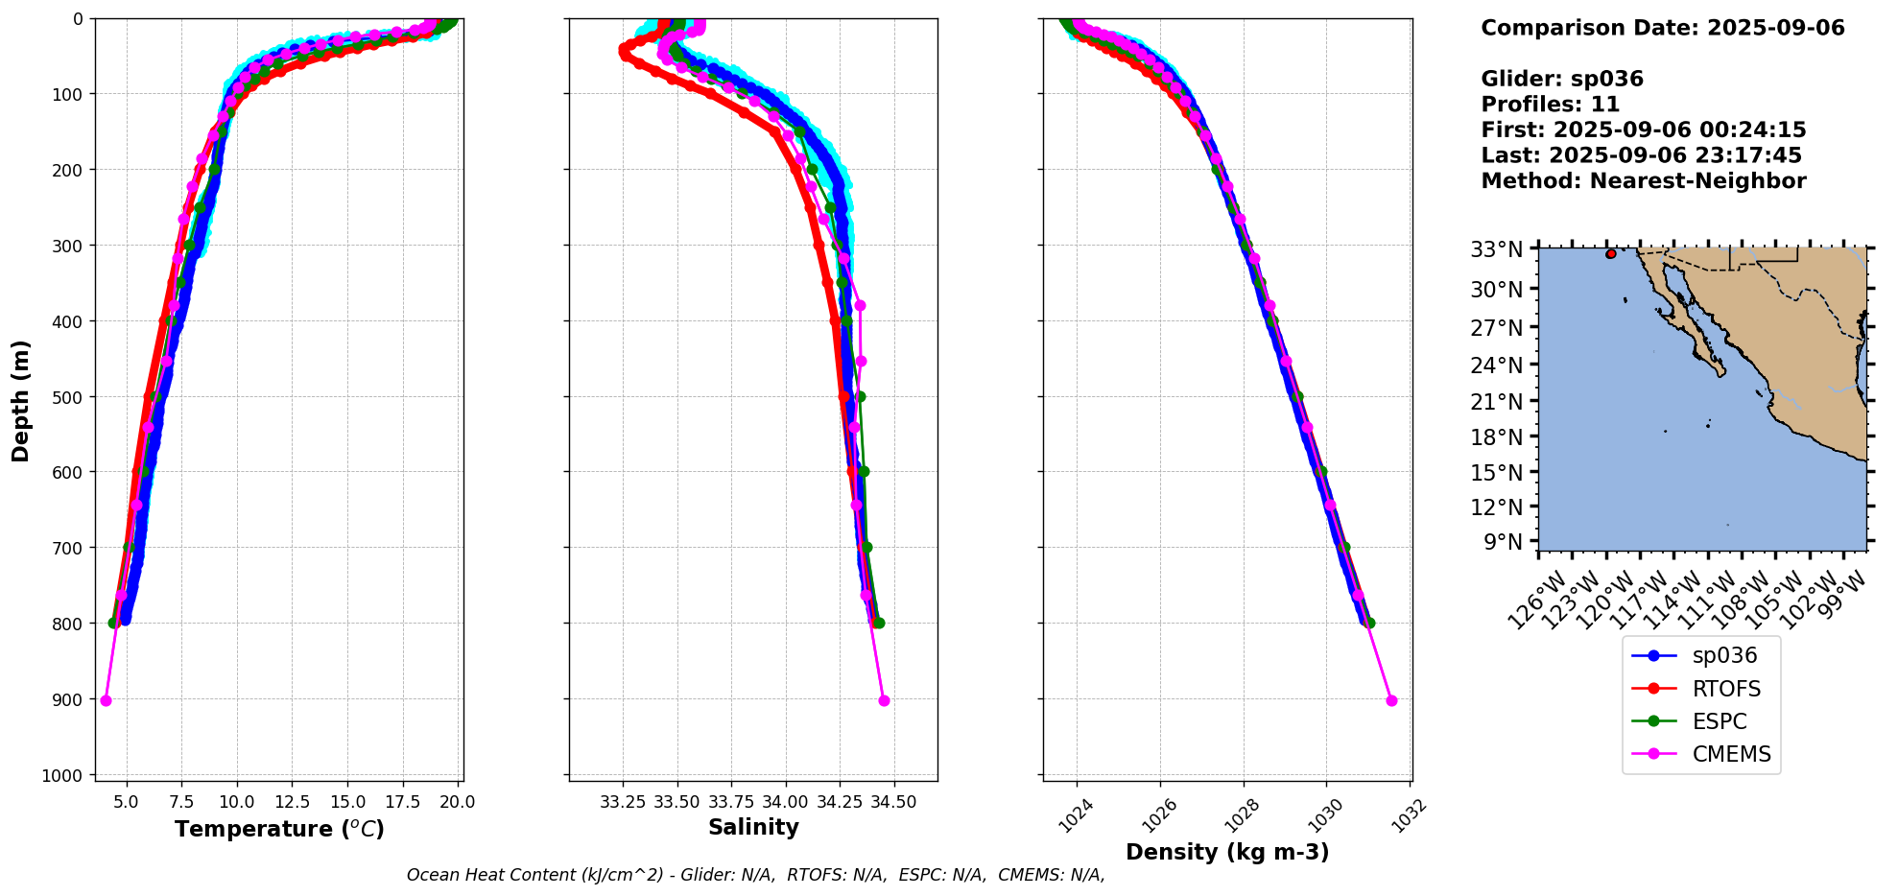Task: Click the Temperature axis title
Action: point(279,829)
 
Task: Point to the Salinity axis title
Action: point(753,827)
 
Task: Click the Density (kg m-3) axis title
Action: point(1227,852)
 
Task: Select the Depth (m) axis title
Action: point(21,400)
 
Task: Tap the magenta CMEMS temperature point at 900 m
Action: point(106,700)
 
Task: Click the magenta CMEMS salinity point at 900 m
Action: point(884,700)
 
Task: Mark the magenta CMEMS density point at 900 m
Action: point(1391,700)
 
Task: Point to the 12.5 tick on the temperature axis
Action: point(292,802)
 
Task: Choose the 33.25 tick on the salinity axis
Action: point(623,802)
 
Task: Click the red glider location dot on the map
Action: point(1610,254)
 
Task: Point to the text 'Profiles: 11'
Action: point(1550,105)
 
